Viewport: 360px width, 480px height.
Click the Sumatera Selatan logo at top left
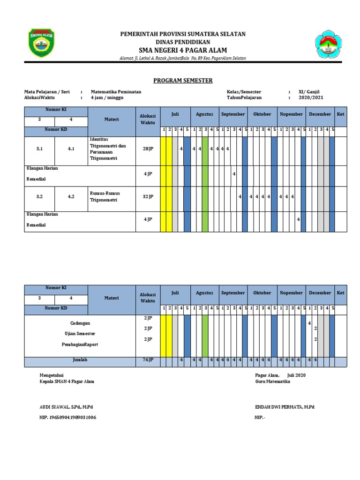41,43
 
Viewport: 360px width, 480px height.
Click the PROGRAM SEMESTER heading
183,81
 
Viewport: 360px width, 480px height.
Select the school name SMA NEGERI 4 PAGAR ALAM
183,50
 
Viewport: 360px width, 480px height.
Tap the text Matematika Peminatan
116,92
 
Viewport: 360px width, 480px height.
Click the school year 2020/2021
311,98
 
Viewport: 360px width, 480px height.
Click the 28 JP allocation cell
148,149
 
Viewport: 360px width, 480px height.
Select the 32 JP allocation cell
148,197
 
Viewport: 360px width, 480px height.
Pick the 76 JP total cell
148,360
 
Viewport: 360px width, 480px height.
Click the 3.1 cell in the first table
39,149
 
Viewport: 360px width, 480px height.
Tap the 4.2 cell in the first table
71,197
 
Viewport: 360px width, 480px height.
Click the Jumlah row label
80,360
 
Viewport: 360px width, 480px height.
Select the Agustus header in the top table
204,114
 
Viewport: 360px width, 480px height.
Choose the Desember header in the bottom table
320,293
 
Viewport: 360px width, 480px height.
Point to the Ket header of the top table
341,114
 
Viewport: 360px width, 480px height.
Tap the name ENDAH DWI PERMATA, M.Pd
285,407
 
